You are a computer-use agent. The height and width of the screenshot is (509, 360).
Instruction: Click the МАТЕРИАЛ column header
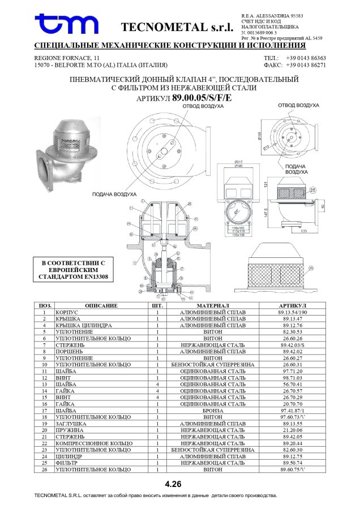(212, 305)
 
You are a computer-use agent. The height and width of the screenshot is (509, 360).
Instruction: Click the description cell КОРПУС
(67, 312)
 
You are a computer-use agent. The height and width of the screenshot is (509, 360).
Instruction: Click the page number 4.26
(173, 484)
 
